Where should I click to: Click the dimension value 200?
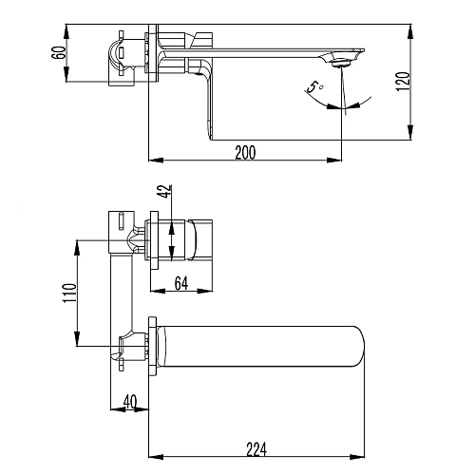point(245,153)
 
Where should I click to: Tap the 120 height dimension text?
point(403,82)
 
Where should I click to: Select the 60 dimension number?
point(59,52)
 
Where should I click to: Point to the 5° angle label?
point(314,87)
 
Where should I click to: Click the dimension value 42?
point(165,191)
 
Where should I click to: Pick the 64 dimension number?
point(181,283)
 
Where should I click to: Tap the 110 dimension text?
point(69,293)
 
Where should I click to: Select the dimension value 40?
point(130,402)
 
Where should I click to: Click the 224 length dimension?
point(256,449)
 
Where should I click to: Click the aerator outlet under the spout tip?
point(340,64)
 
